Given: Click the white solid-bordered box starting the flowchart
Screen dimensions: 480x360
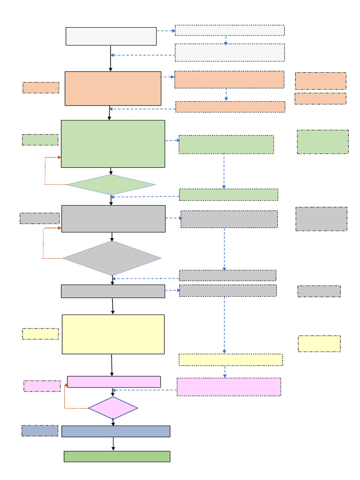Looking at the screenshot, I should [x=111, y=36].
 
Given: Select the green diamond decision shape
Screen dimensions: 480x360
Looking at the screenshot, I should [x=111, y=185].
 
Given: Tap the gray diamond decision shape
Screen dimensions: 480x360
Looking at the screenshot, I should [x=112, y=258].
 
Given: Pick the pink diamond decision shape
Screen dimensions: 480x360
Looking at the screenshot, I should [x=113, y=408].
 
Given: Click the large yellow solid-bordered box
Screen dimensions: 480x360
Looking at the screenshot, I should [x=113, y=334].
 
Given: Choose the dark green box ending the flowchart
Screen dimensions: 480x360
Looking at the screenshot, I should [x=117, y=456].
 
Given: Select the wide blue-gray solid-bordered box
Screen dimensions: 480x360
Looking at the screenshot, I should [x=115, y=431].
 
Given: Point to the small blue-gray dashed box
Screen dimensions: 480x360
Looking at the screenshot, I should [x=40, y=431].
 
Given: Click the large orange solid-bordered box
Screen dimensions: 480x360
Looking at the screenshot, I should [x=112, y=88].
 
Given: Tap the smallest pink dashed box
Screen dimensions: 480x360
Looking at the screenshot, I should [x=42, y=386].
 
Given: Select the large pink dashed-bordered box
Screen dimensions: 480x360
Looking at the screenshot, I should [x=229, y=387].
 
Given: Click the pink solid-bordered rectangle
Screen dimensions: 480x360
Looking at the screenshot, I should [x=114, y=382].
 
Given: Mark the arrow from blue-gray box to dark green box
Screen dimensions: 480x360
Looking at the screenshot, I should [x=113, y=444].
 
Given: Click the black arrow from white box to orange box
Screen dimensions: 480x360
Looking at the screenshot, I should [x=111, y=58].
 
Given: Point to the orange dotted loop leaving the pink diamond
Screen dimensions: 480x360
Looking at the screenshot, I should [x=65, y=398].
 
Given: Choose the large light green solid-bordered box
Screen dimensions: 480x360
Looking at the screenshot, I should [x=112, y=143].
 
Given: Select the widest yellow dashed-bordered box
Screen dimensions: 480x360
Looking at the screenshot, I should [x=231, y=360].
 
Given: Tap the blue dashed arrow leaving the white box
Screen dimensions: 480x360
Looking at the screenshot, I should [x=165, y=31].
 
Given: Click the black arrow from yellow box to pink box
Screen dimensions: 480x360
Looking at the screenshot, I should [x=112, y=365].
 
